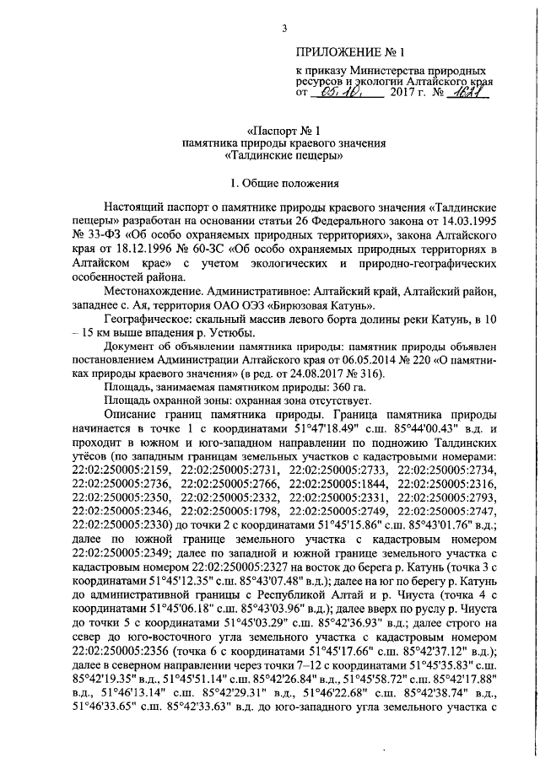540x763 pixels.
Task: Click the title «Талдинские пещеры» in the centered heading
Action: click(284, 156)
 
